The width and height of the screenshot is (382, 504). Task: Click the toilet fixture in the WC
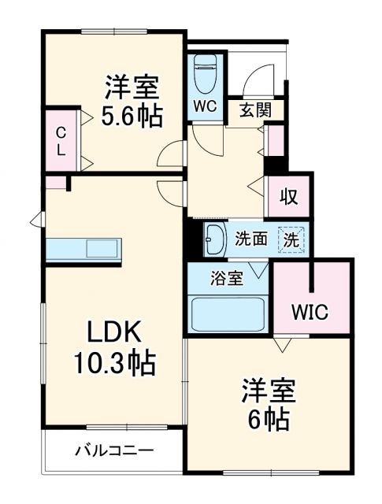click(206, 75)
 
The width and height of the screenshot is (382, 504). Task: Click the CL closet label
click(60, 142)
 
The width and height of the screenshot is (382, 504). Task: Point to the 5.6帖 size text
click(132, 117)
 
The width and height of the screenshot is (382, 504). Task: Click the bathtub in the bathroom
click(228, 315)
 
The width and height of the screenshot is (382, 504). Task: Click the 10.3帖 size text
click(114, 364)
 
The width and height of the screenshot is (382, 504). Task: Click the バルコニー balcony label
click(115, 451)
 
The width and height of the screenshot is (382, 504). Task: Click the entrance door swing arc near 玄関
click(255, 79)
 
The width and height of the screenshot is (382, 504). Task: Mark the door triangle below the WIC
click(281, 345)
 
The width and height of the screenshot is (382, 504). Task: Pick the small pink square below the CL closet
click(55, 183)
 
